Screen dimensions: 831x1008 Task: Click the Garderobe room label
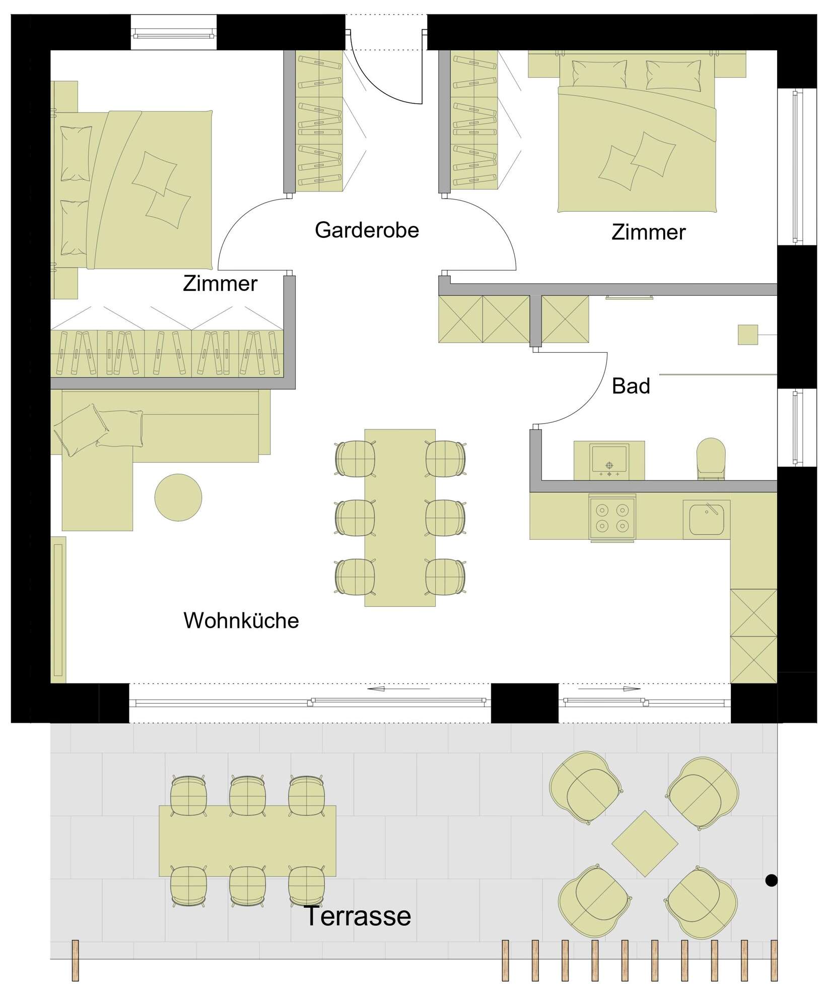point(367,230)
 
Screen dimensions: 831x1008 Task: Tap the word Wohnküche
point(241,620)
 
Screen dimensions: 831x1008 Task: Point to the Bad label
point(631,387)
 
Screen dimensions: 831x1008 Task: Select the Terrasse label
point(358,916)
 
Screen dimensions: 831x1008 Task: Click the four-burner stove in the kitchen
point(612,518)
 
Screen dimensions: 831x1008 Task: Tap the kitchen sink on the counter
point(707,520)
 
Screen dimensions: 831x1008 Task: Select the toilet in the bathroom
point(711,458)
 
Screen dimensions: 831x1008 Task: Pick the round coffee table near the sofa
point(178,497)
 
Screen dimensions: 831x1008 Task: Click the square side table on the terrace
point(645,844)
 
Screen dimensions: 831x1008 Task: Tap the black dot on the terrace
point(771,880)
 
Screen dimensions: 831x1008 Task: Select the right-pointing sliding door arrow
point(609,688)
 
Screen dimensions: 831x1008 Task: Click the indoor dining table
point(400,518)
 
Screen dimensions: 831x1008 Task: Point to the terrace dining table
point(247,841)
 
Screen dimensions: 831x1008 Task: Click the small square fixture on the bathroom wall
point(748,335)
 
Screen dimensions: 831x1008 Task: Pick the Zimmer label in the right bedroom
point(649,232)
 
